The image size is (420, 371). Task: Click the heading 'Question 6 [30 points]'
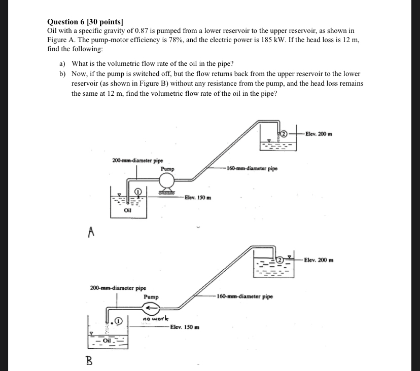[85, 22]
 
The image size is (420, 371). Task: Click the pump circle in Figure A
[167, 180]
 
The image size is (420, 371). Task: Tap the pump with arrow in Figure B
[150, 308]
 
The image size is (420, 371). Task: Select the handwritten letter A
[91, 232]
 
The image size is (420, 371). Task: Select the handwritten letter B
[89, 360]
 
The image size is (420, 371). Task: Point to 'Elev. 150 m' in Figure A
[198, 197]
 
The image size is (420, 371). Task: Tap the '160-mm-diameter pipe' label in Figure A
[252, 168]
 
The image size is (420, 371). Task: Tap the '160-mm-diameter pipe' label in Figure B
[245, 296]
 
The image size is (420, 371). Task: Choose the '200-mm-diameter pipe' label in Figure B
[118, 288]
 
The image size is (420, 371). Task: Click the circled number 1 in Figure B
[119, 320]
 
